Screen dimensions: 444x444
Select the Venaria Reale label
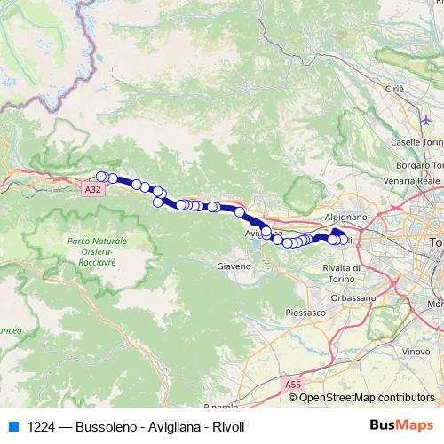pos(416,180)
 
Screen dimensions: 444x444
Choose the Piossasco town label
pos(305,312)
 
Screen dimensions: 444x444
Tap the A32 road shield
pos(95,189)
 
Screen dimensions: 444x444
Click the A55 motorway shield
pos(293,384)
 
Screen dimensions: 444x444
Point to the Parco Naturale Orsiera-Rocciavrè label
pos(97,251)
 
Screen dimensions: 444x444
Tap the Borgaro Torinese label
pos(419,165)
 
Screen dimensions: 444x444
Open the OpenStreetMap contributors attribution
pos(366,398)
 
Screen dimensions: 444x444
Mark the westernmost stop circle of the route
pos(102,176)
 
